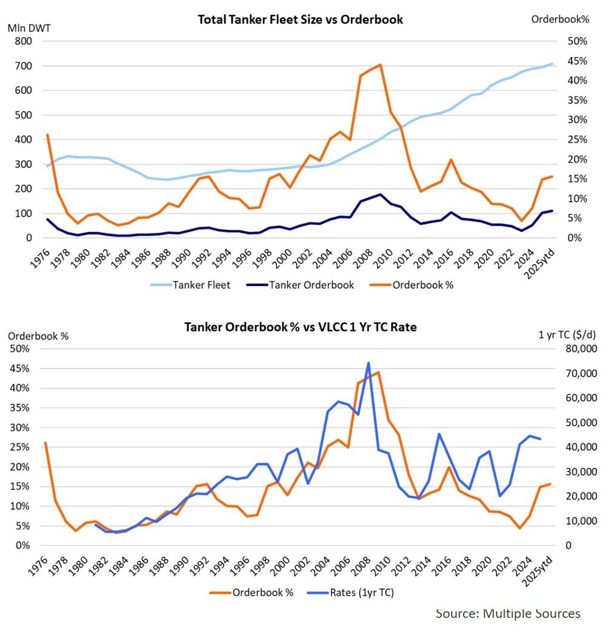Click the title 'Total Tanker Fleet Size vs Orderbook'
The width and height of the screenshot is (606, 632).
click(x=300, y=19)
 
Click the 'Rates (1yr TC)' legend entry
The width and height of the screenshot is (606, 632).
click(x=364, y=592)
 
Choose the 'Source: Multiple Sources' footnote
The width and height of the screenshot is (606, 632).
click(x=507, y=613)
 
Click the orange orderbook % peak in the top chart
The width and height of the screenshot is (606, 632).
click(x=380, y=64)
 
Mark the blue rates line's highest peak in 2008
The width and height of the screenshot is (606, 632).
click(x=368, y=363)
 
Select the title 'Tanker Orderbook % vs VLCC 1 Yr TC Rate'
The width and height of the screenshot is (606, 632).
click(x=300, y=327)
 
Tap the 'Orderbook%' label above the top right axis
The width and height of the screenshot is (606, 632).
click(x=560, y=19)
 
